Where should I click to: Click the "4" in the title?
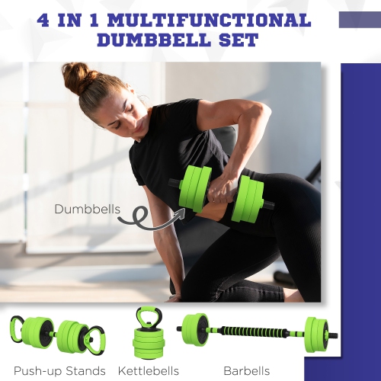[x=48, y=18]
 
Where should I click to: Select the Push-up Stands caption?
[x=59, y=371]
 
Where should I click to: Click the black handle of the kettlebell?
[x=147, y=316]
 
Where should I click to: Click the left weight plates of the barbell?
[x=197, y=330]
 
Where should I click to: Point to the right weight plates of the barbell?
[x=315, y=334]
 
